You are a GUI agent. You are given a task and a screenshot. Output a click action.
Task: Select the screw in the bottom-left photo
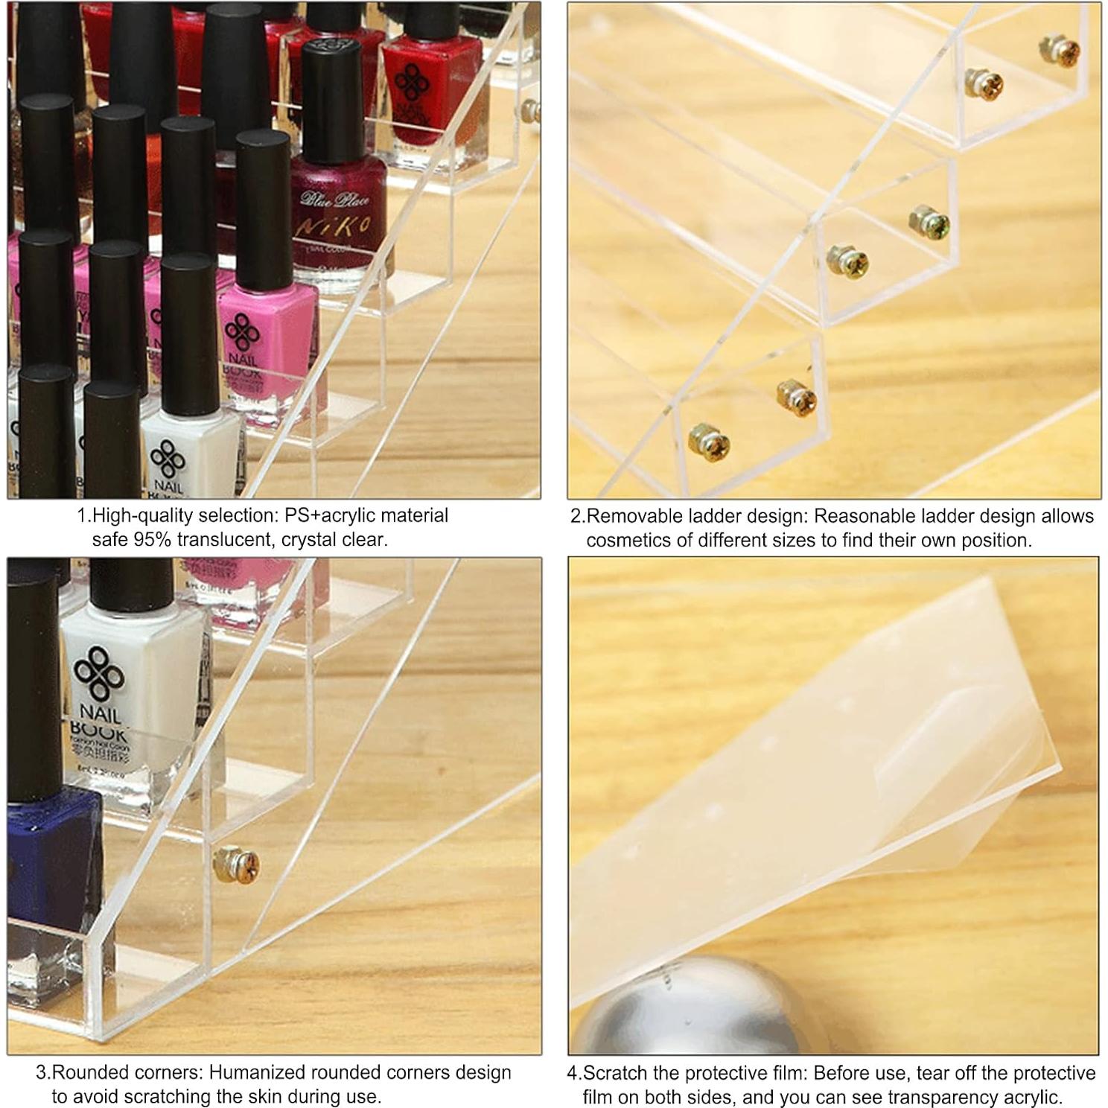coord(237,865)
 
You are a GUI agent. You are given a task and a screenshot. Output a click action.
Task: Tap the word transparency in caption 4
coord(939,1097)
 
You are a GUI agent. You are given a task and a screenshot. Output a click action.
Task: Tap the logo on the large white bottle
coord(97,675)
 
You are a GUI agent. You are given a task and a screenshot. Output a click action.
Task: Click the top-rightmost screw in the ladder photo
coord(1060,50)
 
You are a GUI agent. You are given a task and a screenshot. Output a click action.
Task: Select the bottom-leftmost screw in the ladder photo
coord(709,442)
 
